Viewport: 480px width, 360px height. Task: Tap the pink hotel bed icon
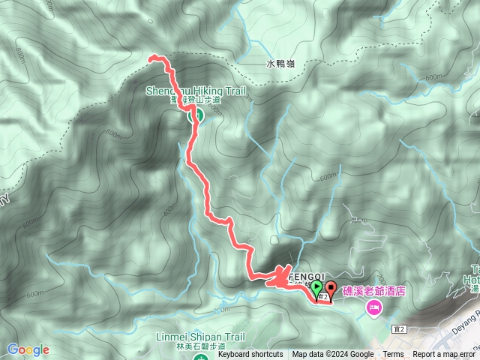pyautogui.click(x=372, y=307)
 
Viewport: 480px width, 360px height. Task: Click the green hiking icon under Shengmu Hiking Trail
pyautogui.click(x=192, y=115)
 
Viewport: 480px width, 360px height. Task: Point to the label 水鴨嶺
pyautogui.click(x=280, y=65)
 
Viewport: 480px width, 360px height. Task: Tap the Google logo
pyautogui.click(x=28, y=349)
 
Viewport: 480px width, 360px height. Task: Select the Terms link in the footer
pyautogui.click(x=393, y=355)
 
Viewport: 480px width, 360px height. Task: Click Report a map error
pyautogui.click(x=444, y=355)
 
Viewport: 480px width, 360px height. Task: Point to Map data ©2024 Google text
pyautogui.click(x=333, y=355)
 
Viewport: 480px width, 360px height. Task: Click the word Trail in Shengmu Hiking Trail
pyautogui.click(x=229, y=91)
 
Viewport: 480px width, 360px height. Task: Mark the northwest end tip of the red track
pyautogui.click(x=151, y=58)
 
